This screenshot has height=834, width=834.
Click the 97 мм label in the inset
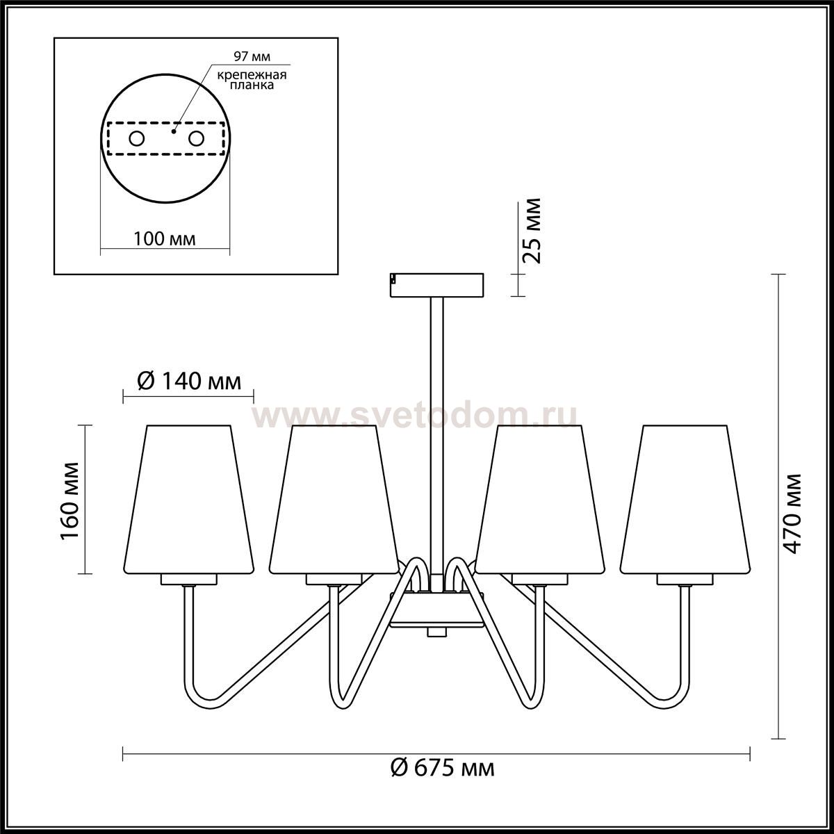[x=252, y=56]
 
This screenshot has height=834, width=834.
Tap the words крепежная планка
[x=252, y=80]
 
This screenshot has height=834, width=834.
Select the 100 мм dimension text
[x=165, y=238]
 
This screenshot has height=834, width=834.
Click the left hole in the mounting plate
[x=137, y=139]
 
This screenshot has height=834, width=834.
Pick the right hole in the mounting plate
[x=196, y=139]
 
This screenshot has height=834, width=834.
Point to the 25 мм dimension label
[x=532, y=231]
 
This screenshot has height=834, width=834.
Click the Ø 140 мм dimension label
[x=189, y=382]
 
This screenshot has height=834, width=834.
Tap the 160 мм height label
[x=70, y=502]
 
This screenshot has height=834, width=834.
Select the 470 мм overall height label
[x=793, y=514]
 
